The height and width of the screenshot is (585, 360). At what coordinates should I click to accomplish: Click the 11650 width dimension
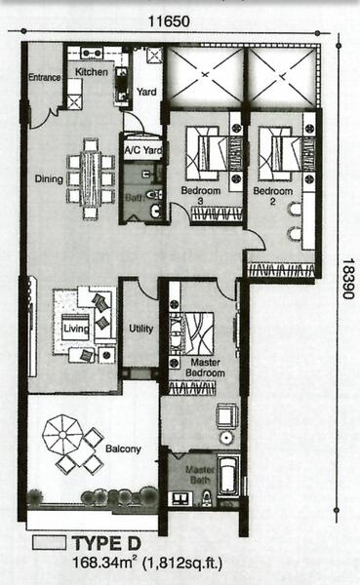[169, 21]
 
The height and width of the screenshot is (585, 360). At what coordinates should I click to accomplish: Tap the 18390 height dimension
[347, 279]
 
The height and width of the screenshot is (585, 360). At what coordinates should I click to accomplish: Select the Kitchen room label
[92, 71]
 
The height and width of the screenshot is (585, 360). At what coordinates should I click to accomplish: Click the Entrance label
[45, 77]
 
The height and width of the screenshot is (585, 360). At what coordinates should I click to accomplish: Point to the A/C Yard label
[143, 150]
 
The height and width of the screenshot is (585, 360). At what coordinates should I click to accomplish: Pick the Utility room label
[140, 329]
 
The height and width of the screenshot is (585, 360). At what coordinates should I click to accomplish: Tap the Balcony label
[123, 448]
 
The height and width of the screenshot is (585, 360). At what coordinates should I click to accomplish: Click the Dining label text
[49, 178]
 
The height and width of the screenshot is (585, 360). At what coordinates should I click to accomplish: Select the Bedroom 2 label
[272, 196]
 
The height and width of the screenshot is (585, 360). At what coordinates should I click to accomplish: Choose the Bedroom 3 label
[201, 196]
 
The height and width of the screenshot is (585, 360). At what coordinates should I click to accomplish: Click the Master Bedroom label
[205, 368]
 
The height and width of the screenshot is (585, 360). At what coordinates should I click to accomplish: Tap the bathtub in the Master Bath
[227, 475]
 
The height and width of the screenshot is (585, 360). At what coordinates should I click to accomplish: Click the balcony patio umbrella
[62, 435]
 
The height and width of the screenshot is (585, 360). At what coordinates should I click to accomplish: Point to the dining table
[91, 178]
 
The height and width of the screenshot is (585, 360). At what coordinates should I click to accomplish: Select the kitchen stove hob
[92, 53]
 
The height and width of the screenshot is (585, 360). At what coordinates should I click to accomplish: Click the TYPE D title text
[106, 543]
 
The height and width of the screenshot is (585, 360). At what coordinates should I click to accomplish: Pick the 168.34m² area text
[103, 563]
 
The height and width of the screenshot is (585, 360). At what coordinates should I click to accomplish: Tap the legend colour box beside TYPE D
[49, 542]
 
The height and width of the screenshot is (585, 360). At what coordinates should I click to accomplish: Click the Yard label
[146, 92]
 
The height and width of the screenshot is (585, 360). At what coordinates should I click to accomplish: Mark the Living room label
[76, 329]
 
